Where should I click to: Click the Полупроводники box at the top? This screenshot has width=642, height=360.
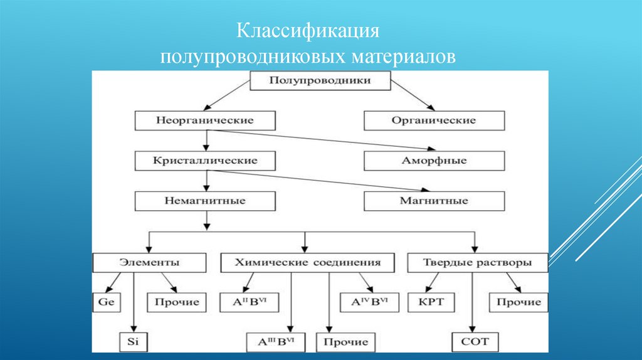[x=320, y=81]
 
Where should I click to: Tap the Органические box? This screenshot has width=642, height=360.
[x=434, y=120]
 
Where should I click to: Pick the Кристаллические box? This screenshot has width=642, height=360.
[x=204, y=161]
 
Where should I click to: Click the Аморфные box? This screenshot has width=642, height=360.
[x=434, y=161]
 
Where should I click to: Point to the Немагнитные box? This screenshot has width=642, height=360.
[x=204, y=201]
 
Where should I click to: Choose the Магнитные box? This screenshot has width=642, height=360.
[x=434, y=201]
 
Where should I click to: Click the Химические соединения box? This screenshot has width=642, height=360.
[x=307, y=262]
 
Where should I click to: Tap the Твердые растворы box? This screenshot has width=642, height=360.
[x=478, y=262]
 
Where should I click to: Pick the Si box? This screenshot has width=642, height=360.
[x=132, y=342]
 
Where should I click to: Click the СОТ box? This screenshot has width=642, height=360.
[x=475, y=342]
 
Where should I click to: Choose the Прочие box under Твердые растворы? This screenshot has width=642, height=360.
[x=518, y=302]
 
